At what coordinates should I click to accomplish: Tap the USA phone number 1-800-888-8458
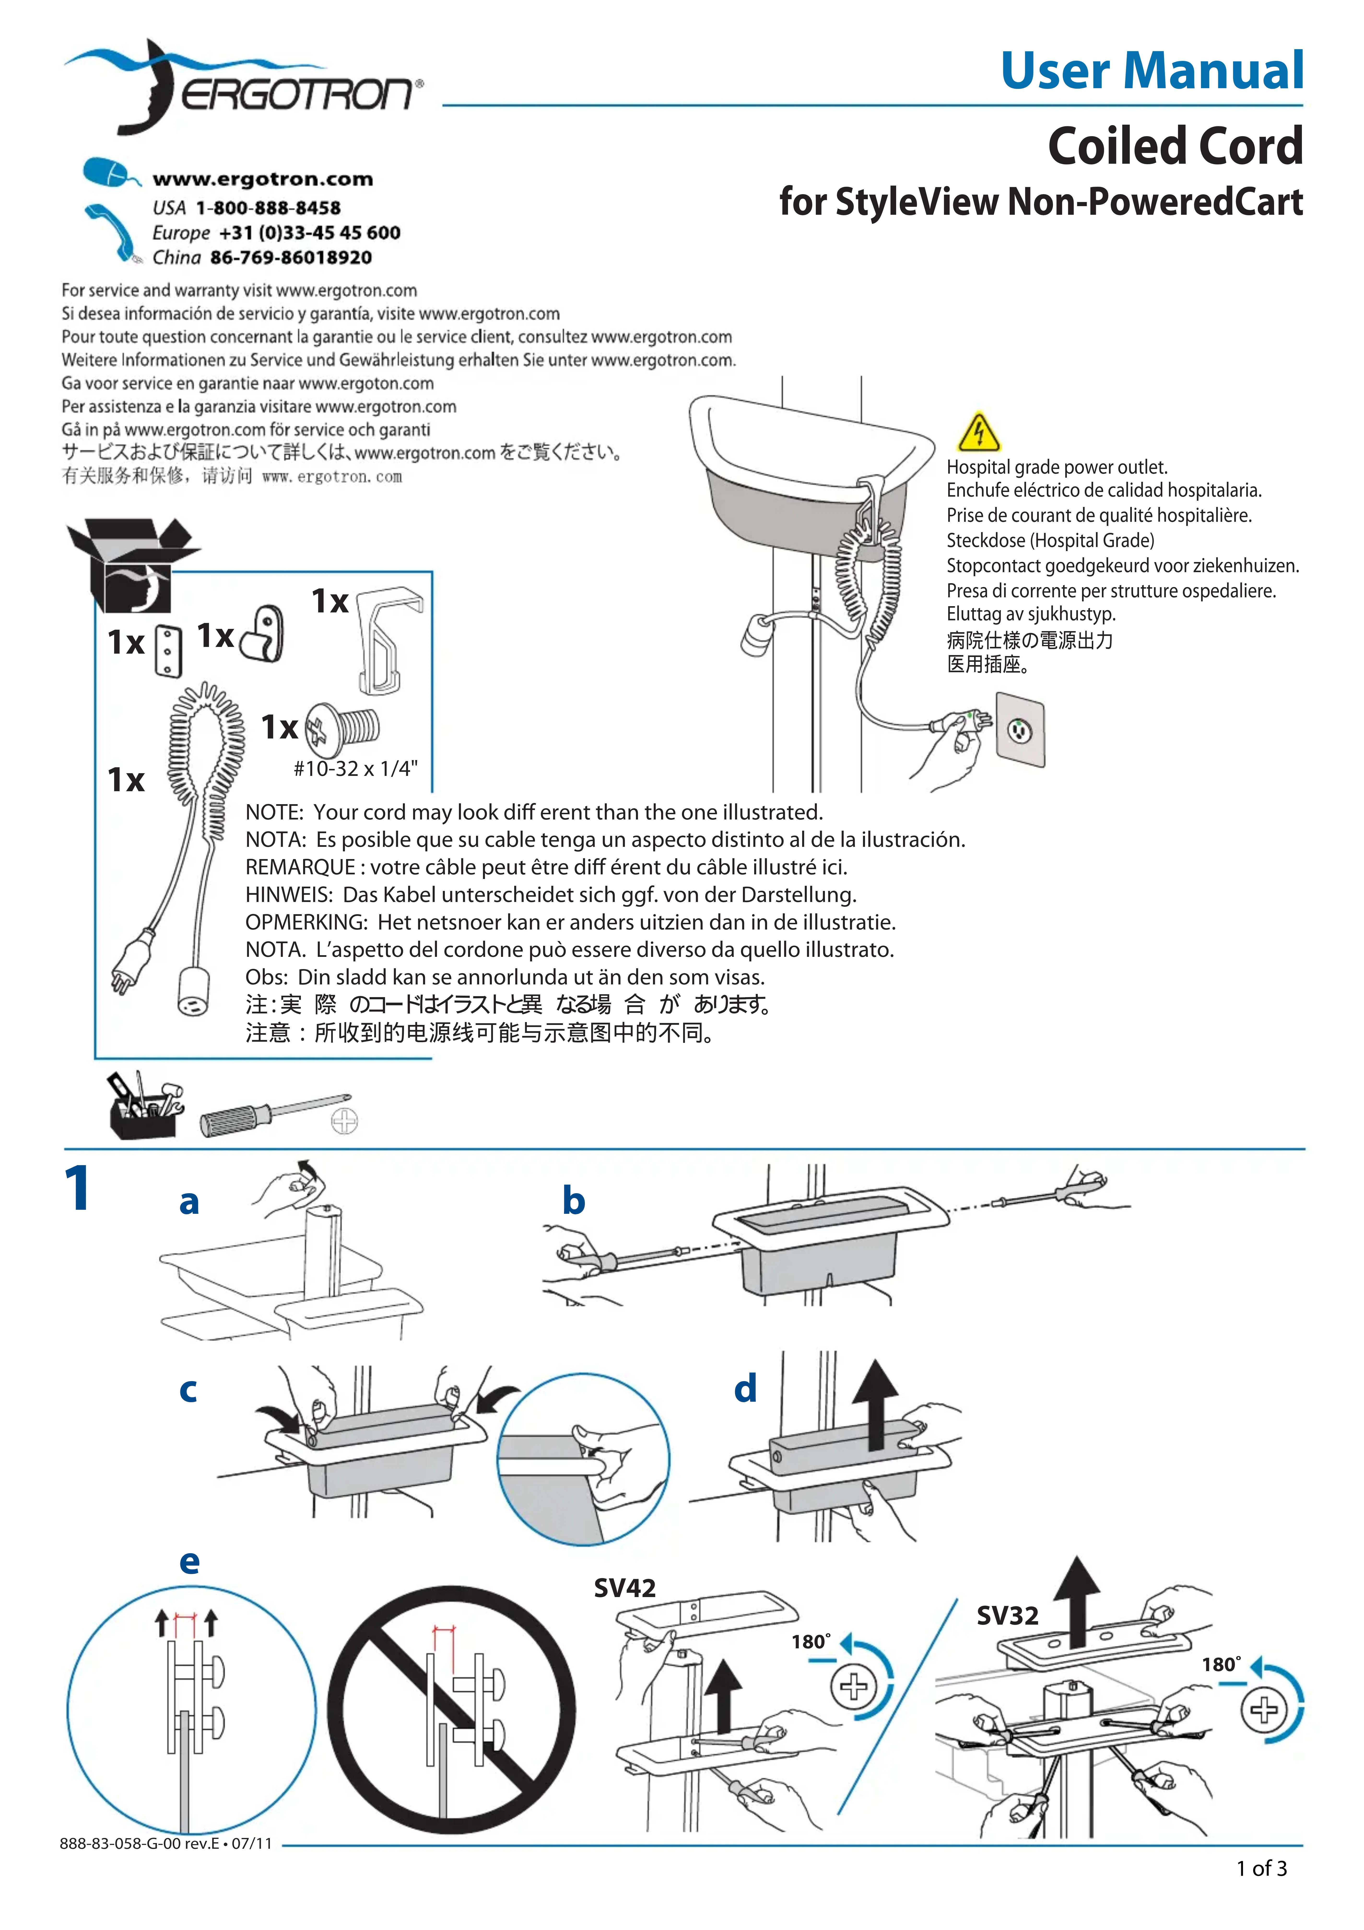point(267,208)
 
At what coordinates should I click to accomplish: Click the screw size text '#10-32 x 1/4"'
point(355,768)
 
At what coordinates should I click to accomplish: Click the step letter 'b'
point(574,1200)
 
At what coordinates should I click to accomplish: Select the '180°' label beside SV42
point(811,1642)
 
